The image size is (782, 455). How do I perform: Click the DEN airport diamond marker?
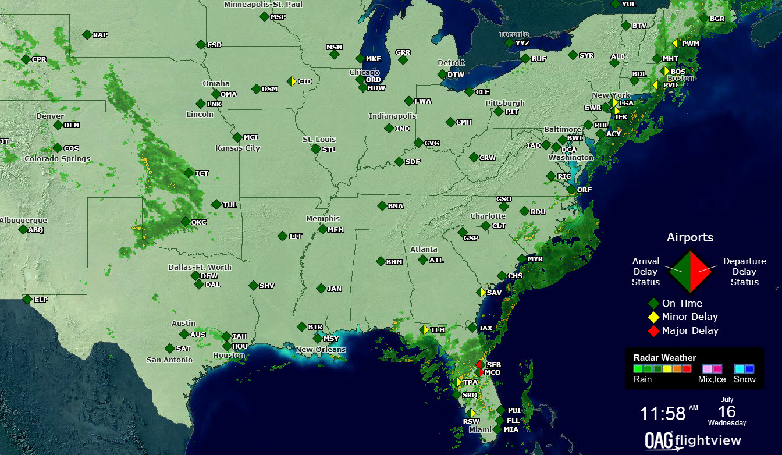(58, 125)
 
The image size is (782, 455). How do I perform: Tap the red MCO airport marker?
(480, 372)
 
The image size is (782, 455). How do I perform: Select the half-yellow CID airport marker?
(292, 81)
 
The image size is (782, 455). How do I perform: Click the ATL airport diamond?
(423, 260)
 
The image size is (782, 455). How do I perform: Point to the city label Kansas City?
(237, 148)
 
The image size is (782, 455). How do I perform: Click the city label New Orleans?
(321, 350)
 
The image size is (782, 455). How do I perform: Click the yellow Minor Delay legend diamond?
(653, 317)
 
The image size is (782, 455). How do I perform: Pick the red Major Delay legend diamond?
(653, 331)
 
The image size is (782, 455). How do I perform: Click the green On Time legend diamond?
(653, 303)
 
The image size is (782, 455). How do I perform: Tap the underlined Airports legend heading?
(689, 237)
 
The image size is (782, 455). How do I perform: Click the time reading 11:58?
(663, 414)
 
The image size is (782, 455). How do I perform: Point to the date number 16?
(727, 410)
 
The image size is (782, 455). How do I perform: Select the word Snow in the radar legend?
(744, 379)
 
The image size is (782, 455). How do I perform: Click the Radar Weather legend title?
(664, 358)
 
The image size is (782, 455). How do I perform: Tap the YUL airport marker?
(616, 4)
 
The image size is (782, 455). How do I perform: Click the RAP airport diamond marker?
(87, 35)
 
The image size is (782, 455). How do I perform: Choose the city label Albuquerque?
(23, 221)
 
